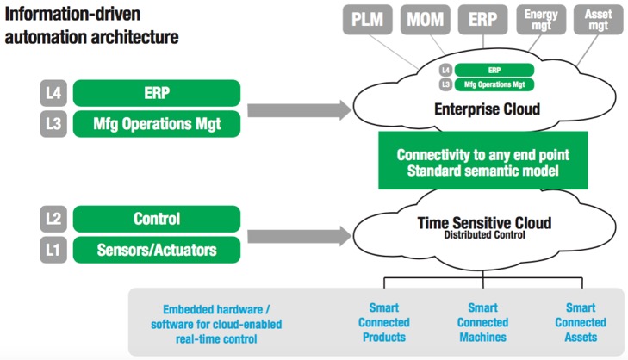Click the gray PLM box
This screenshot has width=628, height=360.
(367, 19)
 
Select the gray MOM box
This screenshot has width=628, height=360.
(425, 19)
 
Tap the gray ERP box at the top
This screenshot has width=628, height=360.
(482, 19)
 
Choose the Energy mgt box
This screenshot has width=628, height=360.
(541, 19)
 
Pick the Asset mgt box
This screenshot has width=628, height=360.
(599, 19)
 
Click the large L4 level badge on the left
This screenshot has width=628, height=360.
(53, 93)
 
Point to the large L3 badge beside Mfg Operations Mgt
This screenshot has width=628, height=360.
(53, 124)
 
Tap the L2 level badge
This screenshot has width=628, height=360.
(53, 219)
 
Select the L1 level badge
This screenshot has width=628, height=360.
(53, 250)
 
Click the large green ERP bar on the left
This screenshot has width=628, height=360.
(157, 93)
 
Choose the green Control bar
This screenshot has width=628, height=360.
(157, 219)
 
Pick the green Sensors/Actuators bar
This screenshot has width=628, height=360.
(157, 250)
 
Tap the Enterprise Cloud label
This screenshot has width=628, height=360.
(487, 109)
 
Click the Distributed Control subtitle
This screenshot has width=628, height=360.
(485, 234)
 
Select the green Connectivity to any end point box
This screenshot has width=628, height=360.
(483, 160)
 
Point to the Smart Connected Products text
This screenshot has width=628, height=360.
(384, 322)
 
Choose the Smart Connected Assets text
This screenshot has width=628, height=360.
(581, 322)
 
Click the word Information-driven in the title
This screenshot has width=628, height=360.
(72, 14)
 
